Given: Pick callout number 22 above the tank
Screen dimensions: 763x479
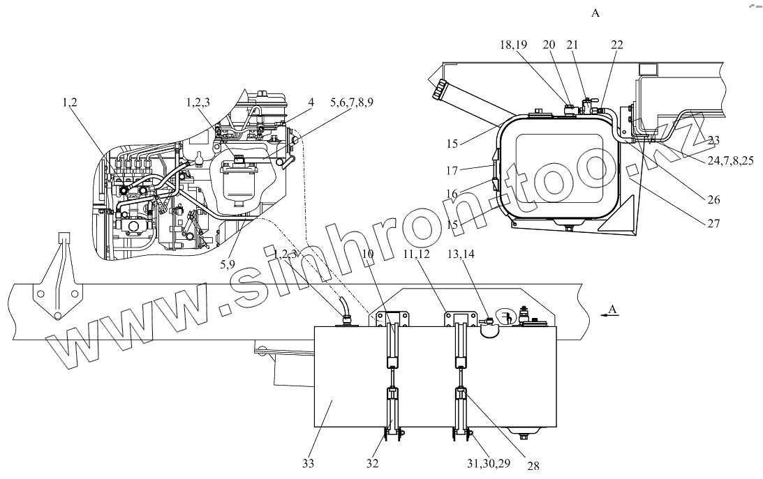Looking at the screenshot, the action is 616,45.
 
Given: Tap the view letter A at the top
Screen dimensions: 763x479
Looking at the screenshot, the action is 595,13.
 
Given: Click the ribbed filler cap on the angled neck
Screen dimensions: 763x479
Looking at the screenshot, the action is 441,90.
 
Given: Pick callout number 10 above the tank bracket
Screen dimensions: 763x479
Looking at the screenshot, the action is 370,254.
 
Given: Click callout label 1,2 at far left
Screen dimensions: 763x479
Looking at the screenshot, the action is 70,102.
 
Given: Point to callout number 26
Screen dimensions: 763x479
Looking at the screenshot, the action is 713,199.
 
